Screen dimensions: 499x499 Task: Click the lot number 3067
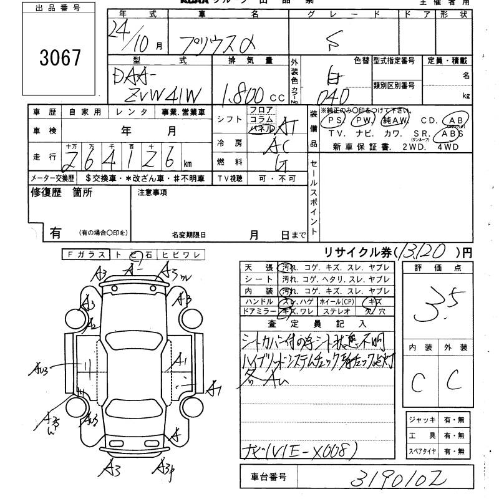60,59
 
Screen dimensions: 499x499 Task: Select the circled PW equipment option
362,120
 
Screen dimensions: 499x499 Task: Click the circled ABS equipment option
452,133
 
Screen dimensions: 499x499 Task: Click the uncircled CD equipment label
429,120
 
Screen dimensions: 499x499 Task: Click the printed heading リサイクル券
359,252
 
